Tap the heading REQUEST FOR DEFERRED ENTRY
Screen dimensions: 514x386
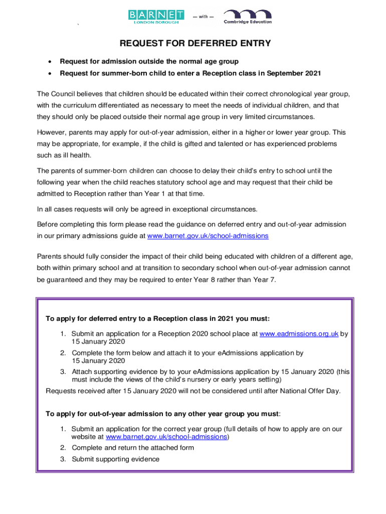pos(195,44)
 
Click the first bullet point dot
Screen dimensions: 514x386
pos(49,62)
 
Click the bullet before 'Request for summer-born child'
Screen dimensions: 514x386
pos(49,74)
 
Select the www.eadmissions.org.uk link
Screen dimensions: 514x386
pos(299,333)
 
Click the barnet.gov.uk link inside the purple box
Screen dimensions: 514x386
pos(166,437)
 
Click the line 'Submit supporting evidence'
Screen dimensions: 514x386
pos(115,459)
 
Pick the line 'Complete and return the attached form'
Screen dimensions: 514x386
pos(133,448)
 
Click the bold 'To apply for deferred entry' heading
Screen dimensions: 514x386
pos(157,319)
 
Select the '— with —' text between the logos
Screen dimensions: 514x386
pos(203,17)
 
